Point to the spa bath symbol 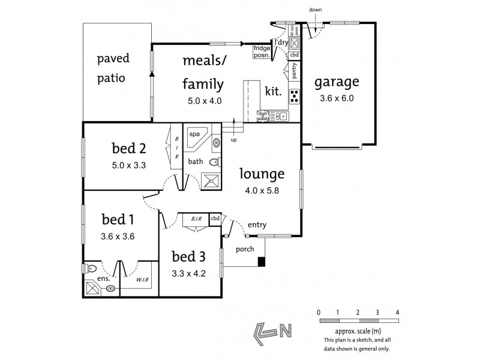click(198, 139)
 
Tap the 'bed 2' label click(129, 147)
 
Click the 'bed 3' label click(189, 257)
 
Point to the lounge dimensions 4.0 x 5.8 click(261, 191)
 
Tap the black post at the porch click(262, 261)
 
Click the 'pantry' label click(295, 71)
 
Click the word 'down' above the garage click(315, 10)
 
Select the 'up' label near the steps click(233, 140)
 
